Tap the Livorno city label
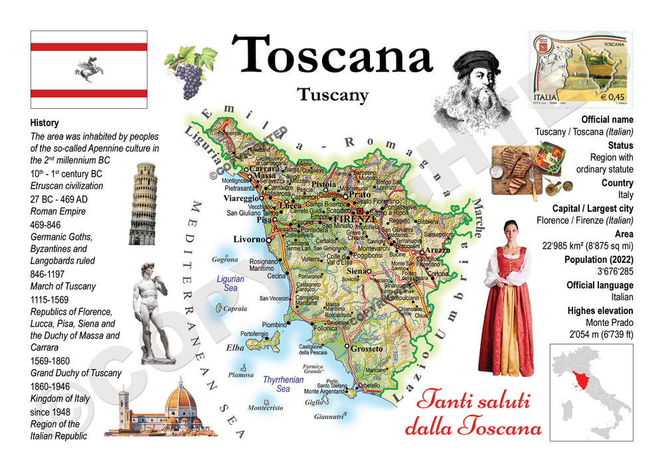pyautogui.click(x=247, y=239)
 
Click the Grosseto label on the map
pyautogui.click(x=367, y=349)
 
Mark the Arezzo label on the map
pyautogui.click(x=438, y=251)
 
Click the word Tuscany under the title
pyautogui.click(x=333, y=95)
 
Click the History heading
pyautogui.click(x=44, y=123)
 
